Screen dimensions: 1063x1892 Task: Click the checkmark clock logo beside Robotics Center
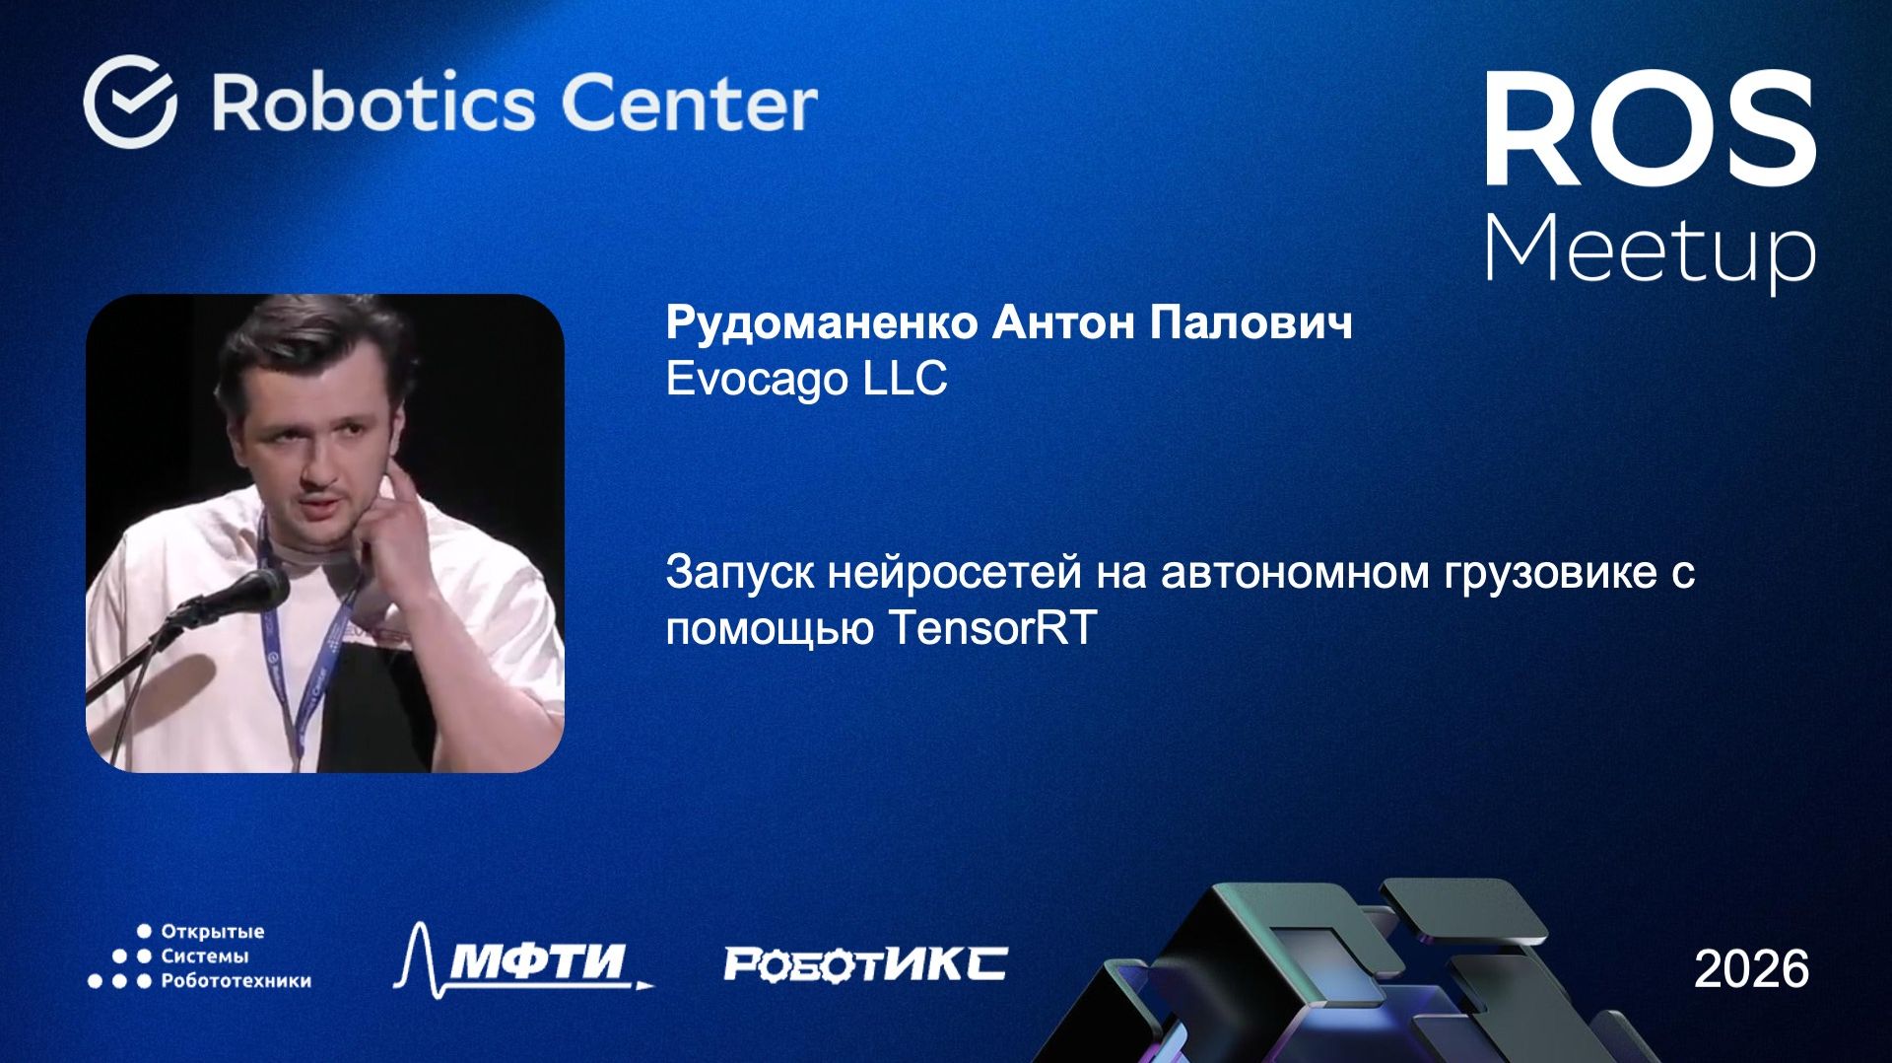130,102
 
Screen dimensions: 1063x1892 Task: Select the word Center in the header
689,103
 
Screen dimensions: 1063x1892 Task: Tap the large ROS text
1650,131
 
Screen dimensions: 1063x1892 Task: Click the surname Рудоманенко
822,322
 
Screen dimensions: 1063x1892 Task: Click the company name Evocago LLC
806,379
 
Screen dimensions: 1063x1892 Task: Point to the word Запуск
739,572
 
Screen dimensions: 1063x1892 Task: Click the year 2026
1751,968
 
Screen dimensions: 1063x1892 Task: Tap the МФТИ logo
522,958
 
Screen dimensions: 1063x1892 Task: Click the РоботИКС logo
865,963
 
